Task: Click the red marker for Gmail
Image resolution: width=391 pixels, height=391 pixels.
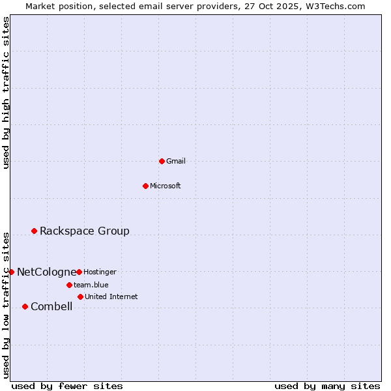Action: click(x=162, y=161)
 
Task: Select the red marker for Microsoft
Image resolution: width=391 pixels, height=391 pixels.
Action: click(x=146, y=186)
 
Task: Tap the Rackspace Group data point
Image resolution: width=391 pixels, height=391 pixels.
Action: click(x=35, y=231)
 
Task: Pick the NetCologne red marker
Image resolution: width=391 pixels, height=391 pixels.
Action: click(x=11, y=272)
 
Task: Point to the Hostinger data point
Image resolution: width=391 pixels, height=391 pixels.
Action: click(x=79, y=272)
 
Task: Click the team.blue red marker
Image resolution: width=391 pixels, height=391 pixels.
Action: click(x=69, y=285)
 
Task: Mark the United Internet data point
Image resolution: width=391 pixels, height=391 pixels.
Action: click(x=80, y=297)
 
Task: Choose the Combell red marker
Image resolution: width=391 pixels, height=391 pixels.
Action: click(x=25, y=306)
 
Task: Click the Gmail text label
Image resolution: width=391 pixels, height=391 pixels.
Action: click(x=176, y=161)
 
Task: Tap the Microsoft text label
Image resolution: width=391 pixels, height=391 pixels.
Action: click(x=165, y=186)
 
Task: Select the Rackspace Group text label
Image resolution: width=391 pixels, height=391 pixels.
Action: click(x=85, y=231)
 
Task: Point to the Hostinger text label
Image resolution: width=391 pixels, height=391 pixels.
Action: click(x=100, y=272)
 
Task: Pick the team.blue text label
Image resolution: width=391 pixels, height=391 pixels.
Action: click(x=91, y=285)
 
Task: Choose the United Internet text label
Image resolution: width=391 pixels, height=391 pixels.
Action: click(x=111, y=297)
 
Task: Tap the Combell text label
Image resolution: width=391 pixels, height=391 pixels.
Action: click(x=51, y=306)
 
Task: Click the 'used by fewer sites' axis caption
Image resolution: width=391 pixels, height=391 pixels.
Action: click(x=67, y=386)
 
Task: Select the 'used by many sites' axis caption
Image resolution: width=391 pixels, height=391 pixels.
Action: click(x=327, y=386)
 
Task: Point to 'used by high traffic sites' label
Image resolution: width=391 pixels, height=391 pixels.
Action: click(x=7, y=93)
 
